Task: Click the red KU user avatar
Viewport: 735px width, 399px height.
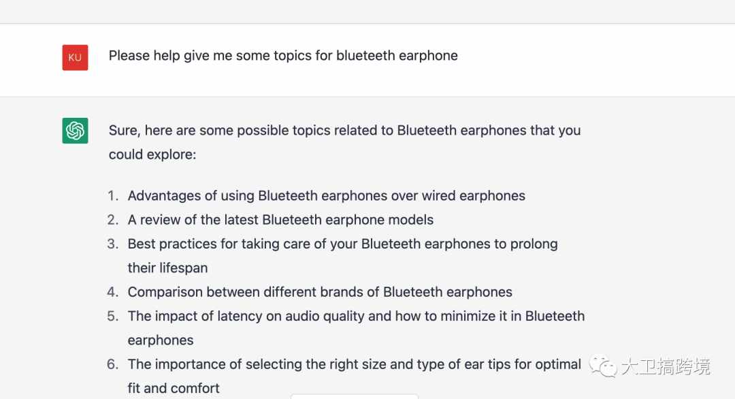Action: point(75,57)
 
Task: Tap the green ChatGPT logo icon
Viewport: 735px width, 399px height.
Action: point(75,130)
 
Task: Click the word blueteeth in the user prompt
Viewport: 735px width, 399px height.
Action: point(365,55)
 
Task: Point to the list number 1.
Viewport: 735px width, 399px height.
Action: point(112,195)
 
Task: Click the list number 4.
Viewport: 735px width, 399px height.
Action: point(112,291)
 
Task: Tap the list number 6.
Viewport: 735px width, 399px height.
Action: point(112,364)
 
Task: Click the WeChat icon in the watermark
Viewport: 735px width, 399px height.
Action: point(603,366)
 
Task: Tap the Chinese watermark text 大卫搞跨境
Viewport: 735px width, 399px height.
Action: point(666,366)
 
